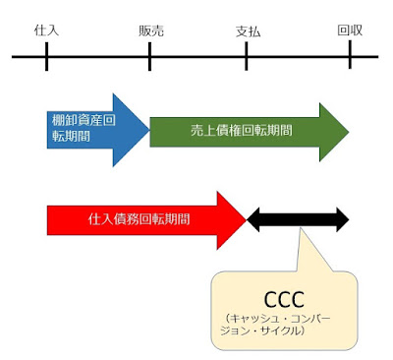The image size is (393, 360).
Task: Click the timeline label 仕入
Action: [46, 30]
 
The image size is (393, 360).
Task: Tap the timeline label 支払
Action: [250, 30]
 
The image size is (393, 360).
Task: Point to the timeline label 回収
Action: [351, 30]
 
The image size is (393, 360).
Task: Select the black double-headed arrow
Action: [297, 218]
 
